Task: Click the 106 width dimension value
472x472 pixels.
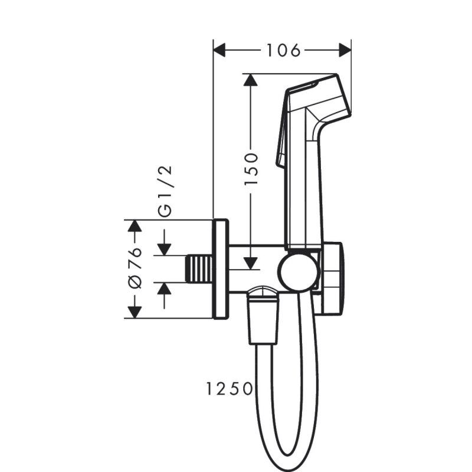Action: (282, 51)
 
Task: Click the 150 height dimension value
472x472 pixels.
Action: (252, 169)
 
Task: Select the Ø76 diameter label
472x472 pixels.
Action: (135, 268)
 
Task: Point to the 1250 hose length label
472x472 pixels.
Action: (230, 388)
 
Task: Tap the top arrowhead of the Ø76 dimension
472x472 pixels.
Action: (135, 227)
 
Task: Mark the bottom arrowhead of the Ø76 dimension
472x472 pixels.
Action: (135, 312)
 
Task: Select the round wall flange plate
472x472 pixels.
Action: (221, 270)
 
